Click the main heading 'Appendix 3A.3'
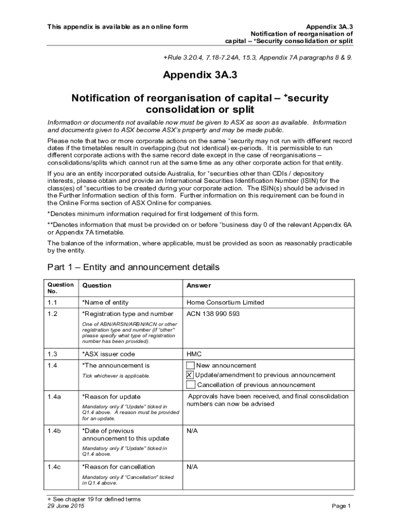pyautogui.click(x=200, y=75)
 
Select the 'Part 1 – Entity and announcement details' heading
pyautogui.click(x=134, y=267)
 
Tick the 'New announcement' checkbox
pyautogui.click(x=191, y=366)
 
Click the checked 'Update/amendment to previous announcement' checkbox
pyautogui.click(x=190, y=375)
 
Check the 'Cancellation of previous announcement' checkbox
pyautogui.click(x=191, y=385)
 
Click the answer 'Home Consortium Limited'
pyautogui.click(x=225, y=302)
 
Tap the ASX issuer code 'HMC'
pyautogui.click(x=194, y=354)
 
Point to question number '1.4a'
pyautogui.click(x=55, y=397)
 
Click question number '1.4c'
pyautogui.click(x=55, y=467)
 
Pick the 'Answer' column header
pyautogui.click(x=198, y=285)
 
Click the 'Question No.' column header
pyautogui.click(x=60, y=288)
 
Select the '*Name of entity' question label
pyautogui.click(x=105, y=302)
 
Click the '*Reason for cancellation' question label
pyautogui.click(x=118, y=467)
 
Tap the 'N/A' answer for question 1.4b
pyautogui.click(x=192, y=431)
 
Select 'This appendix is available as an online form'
pyautogui.click(x=117, y=26)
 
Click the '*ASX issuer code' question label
pyautogui.click(x=109, y=354)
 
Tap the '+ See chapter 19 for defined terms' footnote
pyautogui.click(x=94, y=499)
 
